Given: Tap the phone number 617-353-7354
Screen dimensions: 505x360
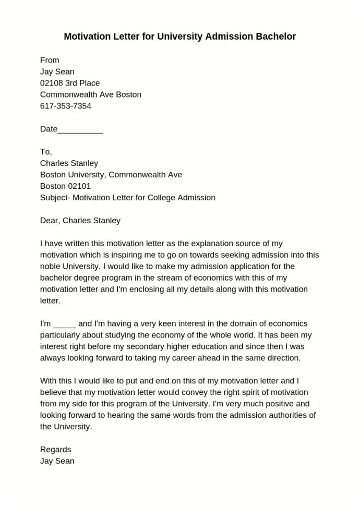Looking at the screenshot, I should tap(66, 106).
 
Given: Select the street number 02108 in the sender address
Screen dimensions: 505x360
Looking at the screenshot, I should tap(52, 83).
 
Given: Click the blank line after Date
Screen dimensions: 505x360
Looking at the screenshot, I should tap(80, 129).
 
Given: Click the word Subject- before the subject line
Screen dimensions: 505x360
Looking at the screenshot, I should tap(55, 198).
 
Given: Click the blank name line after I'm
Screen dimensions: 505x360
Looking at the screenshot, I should tap(65, 324).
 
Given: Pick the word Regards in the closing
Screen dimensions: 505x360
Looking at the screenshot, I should tap(55, 450).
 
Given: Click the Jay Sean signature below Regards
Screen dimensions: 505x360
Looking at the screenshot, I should tap(57, 461).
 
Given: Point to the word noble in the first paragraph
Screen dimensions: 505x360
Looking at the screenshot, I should tap(50, 267).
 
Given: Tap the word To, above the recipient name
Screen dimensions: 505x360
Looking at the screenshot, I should tap(46, 152).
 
